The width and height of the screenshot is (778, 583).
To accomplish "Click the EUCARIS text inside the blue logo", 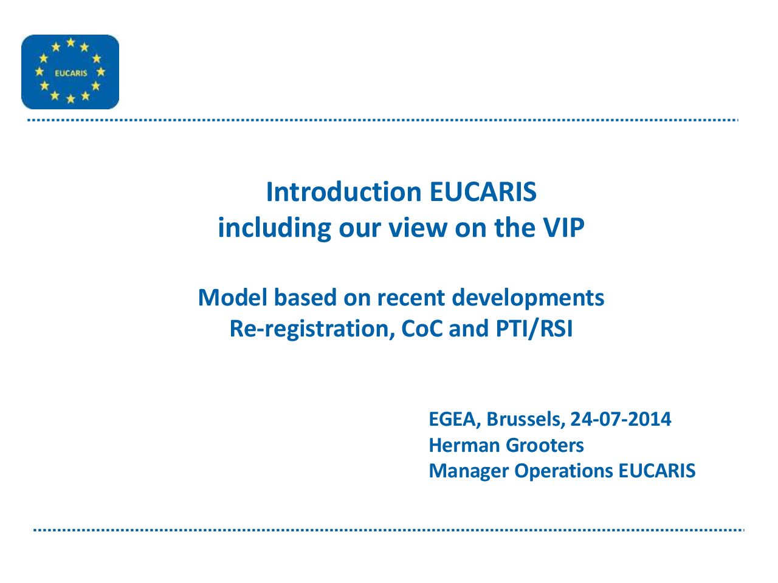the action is pyautogui.click(x=71, y=73).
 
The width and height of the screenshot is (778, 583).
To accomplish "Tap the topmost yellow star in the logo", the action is pyautogui.click(x=71, y=43).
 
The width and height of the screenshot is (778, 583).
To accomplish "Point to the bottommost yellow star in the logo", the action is pyautogui.click(x=71, y=99).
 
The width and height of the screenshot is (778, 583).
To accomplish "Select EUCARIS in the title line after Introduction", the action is pyautogui.click(x=483, y=192).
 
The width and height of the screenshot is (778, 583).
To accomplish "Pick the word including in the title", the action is pyautogui.click(x=275, y=228).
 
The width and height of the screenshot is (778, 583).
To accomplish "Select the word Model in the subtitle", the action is pyautogui.click(x=233, y=298).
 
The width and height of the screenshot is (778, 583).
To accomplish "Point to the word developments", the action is pyautogui.click(x=528, y=298).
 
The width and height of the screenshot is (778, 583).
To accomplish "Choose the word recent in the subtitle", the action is pyautogui.click(x=411, y=298).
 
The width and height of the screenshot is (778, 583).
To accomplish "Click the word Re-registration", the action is pyautogui.click(x=312, y=329).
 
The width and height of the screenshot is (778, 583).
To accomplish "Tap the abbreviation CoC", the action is pyautogui.click(x=422, y=329).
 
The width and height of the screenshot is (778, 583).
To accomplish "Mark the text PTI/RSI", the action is pyautogui.click(x=534, y=329).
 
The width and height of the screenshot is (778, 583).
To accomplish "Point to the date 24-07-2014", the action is pyautogui.click(x=621, y=419).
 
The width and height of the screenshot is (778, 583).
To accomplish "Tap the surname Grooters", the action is pyautogui.click(x=545, y=445).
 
